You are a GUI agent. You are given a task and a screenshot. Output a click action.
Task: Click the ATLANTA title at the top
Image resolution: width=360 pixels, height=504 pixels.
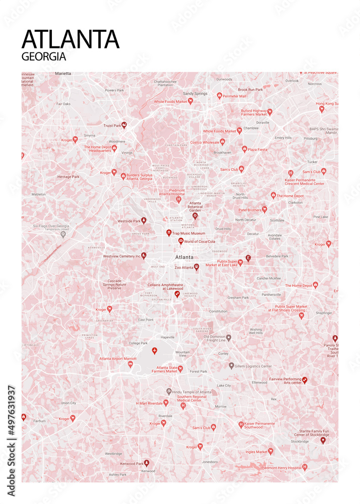(x=71, y=39)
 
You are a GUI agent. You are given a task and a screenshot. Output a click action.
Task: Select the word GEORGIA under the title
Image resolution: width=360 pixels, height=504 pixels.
(x=44, y=56)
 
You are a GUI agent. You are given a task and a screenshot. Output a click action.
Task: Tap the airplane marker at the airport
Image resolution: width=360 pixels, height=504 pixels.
(x=154, y=351)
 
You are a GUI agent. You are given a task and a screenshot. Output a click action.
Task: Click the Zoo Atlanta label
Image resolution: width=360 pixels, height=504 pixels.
(x=184, y=268)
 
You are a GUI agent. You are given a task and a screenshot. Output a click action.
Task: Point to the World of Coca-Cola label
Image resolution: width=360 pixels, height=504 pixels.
(x=200, y=241)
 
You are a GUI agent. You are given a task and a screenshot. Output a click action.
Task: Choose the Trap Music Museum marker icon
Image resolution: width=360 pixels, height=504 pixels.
(x=169, y=233)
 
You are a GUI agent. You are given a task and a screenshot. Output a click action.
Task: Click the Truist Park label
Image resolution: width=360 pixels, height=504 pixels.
(x=112, y=125)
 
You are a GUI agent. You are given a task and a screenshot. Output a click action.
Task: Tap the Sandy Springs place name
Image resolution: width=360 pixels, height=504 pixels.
(x=195, y=93)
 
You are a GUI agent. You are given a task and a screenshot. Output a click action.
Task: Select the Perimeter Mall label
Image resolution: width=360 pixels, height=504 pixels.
(x=235, y=96)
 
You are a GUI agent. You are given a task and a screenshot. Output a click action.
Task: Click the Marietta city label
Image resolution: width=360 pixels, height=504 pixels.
(x=63, y=74)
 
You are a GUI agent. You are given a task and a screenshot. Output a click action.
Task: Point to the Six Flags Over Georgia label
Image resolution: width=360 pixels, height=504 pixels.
(x=51, y=226)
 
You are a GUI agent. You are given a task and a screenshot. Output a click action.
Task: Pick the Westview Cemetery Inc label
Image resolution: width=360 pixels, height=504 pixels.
(x=122, y=256)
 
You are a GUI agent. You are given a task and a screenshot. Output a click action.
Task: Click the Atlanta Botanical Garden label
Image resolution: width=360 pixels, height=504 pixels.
(x=195, y=206)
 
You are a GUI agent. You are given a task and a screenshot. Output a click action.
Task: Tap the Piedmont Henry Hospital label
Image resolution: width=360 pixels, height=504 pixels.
(x=281, y=468)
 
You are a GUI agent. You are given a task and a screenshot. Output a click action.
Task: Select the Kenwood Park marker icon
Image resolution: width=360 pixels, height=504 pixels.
(x=147, y=462)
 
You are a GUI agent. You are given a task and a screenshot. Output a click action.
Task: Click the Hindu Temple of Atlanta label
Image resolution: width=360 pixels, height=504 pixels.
(x=192, y=392)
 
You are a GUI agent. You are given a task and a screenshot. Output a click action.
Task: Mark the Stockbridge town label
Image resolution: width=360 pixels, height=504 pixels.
(x=299, y=441)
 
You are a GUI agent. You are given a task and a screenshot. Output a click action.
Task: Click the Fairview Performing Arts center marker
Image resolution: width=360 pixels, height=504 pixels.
(x=305, y=380)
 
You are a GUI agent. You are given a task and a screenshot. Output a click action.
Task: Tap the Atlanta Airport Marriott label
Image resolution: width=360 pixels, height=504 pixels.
(x=118, y=358)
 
